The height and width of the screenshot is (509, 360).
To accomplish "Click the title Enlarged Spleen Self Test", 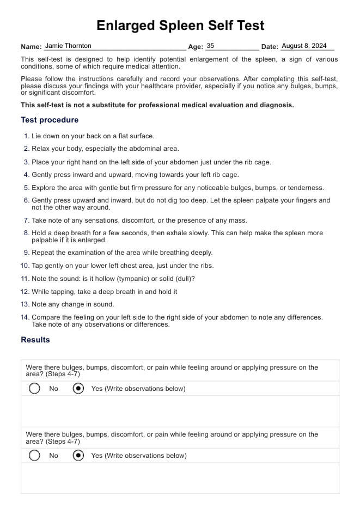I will tap(180, 25).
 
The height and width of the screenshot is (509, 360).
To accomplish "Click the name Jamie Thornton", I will tap(68, 46).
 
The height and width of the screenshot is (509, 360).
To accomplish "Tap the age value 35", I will tap(211, 46).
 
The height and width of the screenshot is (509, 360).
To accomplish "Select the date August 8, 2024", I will tap(304, 46).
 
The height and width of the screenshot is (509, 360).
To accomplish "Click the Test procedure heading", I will tap(50, 120).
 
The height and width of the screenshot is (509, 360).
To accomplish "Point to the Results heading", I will tap(35, 340).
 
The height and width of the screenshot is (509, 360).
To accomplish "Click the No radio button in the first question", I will tap(35, 389).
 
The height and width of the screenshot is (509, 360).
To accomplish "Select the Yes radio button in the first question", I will tap(78, 389).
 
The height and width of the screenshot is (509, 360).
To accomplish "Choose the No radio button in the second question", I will tap(35, 456).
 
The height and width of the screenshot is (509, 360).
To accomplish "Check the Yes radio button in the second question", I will tap(78, 456).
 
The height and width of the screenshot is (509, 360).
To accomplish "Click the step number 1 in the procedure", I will tap(27, 136).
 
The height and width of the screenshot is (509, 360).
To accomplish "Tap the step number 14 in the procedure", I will tap(25, 317).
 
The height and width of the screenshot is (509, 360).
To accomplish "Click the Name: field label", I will tap(31, 47).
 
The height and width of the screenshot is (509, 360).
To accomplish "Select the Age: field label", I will tap(196, 47).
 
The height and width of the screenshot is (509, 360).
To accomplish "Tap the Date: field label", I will tap(270, 47).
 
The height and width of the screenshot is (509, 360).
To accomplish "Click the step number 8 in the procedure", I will tap(27, 233).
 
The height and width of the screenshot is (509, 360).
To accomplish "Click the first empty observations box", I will tap(180, 411).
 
